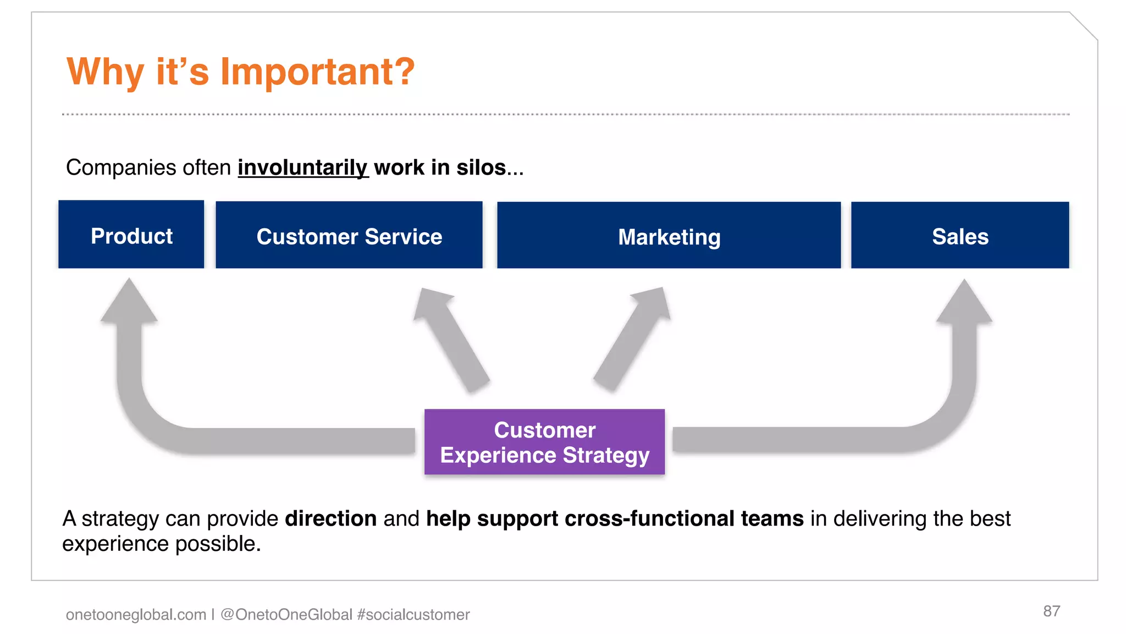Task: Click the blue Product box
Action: click(131, 235)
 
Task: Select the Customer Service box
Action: click(349, 236)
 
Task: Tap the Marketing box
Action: click(669, 236)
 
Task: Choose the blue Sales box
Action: click(960, 236)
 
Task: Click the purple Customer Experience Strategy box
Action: click(544, 442)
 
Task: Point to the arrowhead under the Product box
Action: click(129, 302)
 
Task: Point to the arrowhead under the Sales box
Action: click(964, 303)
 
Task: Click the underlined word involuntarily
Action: click(302, 167)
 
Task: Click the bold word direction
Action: click(330, 518)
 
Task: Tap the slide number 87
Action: click(1051, 611)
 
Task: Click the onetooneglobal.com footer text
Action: click(136, 614)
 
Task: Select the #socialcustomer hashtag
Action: click(413, 614)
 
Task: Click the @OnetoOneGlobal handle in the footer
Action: click(286, 614)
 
